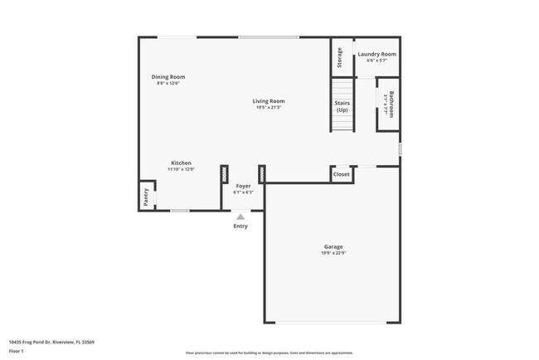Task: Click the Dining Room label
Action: coord(168,76)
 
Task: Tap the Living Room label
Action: coord(269,101)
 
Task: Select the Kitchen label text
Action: coord(182,163)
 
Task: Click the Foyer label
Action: coord(243,186)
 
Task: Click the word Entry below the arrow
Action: coord(240,226)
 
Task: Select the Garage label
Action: coord(333,246)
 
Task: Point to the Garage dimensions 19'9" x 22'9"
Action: coord(333,253)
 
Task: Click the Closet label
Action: coord(342,174)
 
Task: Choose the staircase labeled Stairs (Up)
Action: coord(342,105)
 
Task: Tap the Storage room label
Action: coord(340,57)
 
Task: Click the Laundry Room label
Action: coord(376,54)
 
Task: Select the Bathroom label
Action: coord(390,105)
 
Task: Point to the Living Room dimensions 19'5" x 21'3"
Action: coord(269,108)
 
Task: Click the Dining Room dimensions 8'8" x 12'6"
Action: coord(168,83)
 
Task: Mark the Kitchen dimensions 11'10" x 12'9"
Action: coord(182,169)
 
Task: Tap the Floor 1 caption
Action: coord(17,351)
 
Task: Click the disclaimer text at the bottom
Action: coord(269,353)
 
